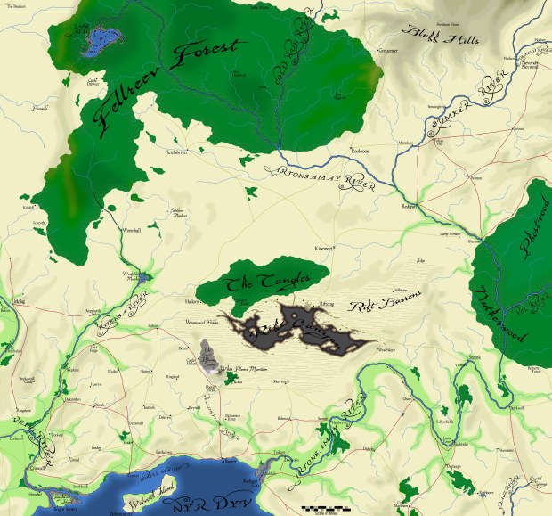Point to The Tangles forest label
[261, 283]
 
